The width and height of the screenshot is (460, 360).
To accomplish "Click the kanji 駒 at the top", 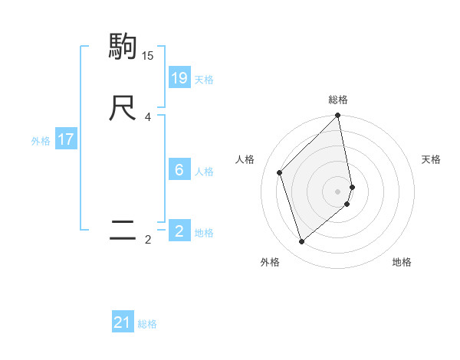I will tap(123, 47).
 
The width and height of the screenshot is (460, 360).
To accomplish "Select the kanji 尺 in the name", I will tap(123, 108).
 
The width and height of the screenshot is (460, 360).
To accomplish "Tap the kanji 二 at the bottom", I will tap(123, 231).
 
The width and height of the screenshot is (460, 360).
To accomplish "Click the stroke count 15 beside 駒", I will tap(148, 55).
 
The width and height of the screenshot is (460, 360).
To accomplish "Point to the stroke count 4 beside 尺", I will tap(148, 116).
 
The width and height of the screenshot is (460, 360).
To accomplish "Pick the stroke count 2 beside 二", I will tap(148, 240).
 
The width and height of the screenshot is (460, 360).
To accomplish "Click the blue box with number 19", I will tap(179, 77).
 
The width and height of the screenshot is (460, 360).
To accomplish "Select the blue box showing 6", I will tap(179, 169).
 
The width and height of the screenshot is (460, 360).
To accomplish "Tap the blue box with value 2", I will tap(179, 231).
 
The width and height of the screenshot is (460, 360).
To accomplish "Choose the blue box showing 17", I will tap(66, 139).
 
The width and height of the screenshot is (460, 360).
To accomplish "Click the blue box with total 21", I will tap(123, 322).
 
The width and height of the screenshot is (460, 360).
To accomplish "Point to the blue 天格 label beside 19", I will tap(204, 80).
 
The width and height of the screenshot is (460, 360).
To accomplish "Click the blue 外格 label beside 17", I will tap(40, 141).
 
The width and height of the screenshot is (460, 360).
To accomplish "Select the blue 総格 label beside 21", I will tap(147, 325).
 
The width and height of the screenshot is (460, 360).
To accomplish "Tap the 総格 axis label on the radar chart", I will tap(338, 100).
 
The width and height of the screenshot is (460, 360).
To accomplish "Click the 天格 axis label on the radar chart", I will tap(431, 159).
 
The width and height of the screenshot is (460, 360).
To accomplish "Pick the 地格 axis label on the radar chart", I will tap(402, 262).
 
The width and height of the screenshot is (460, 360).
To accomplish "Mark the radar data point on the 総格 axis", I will tap(338, 116).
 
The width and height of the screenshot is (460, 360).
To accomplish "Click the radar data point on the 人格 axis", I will tap(280, 172).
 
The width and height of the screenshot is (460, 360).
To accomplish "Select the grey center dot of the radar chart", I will tap(338, 191).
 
